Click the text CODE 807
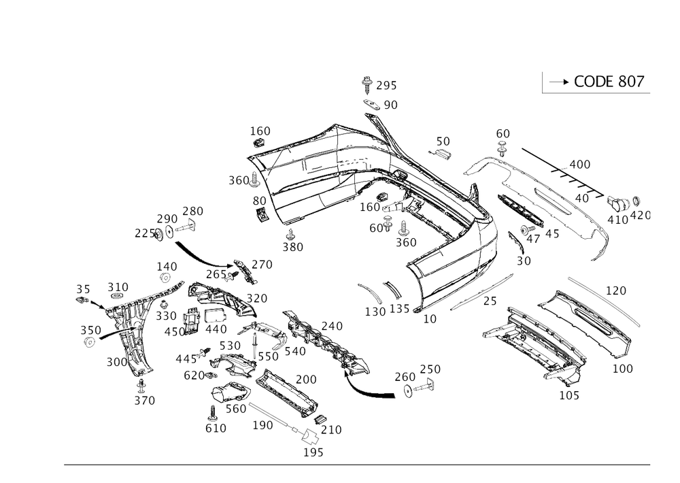pyautogui.click(x=609, y=82)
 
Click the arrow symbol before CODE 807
pyautogui.click(x=558, y=82)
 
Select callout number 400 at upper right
pyautogui.click(x=579, y=165)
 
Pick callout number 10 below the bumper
pyautogui.click(x=430, y=318)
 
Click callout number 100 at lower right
pyautogui.click(x=623, y=368)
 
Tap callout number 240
pyautogui.click(x=333, y=324)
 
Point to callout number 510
pyautogui.click(x=118, y=286)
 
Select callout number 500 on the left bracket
pyautogui.click(x=115, y=363)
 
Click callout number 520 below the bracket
pyautogui.click(x=144, y=402)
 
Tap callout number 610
pyautogui.click(x=216, y=428)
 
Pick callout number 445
pyautogui.click(x=184, y=357)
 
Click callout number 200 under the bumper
pyautogui.click(x=406, y=241)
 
